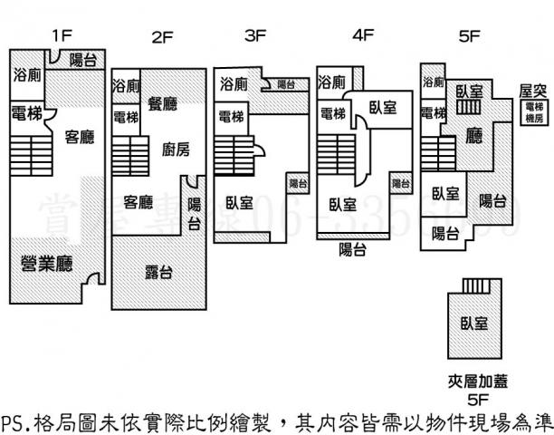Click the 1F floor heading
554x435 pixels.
(61, 36)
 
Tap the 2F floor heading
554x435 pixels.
(162, 37)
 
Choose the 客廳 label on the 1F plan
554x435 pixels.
(80, 138)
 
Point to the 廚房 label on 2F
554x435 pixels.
(175, 150)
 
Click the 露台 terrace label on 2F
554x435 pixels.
(158, 272)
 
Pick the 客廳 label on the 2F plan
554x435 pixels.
(138, 201)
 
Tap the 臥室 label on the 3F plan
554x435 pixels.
(240, 203)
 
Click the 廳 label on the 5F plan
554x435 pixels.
(473, 136)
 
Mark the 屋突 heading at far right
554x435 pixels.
(531, 91)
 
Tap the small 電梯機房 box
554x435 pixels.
(534, 112)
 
